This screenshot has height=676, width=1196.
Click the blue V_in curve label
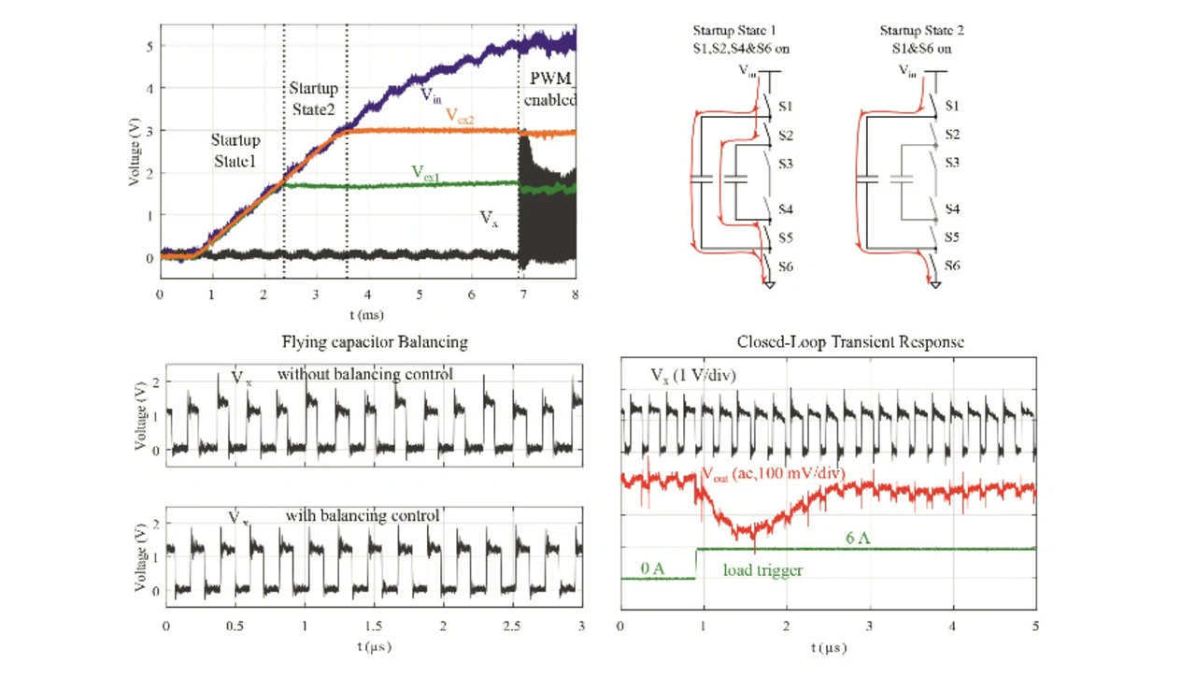[x=431, y=95]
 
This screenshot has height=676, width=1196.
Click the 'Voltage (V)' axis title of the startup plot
[x=136, y=150]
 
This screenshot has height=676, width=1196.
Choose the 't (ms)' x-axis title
[x=367, y=315]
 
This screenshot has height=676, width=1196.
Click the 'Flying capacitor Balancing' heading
[x=375, y=342]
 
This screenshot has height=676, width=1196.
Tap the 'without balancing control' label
[x=364, y=374]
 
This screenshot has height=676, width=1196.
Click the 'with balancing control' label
[x=363, y=515]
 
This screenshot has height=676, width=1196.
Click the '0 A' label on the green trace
[x=652, y=568]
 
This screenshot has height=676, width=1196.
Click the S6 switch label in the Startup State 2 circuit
[x=952, y=266]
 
